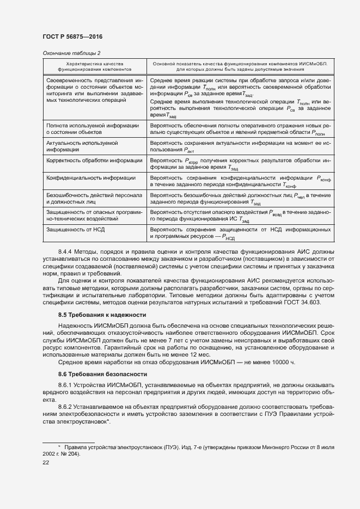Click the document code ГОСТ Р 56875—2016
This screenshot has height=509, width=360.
(x=72, y=36)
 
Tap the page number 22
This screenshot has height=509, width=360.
(x=46, y=462)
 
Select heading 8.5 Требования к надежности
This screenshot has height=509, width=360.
(x=102, y=315)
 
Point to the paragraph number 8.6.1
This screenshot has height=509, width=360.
(x=66, y=385)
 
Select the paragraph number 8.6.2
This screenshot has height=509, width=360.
(x=66, y=407)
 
